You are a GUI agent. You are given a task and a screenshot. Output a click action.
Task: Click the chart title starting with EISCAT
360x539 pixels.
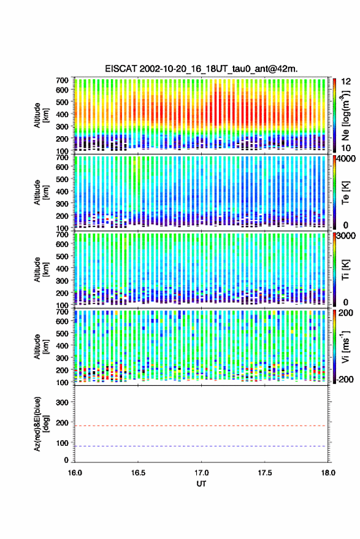tap(201, 69)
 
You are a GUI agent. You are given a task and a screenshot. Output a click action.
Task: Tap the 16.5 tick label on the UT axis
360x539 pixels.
tap(138, 473)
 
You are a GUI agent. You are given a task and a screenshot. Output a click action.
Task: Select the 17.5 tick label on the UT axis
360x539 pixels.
tap(264, 473)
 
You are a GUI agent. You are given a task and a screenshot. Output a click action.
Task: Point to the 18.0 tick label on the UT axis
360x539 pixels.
tap(328, 473)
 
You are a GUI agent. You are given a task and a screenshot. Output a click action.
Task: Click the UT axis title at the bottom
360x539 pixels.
tap(201, 484)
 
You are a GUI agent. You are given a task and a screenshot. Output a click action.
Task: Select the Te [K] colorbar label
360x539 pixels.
tap(345, 193)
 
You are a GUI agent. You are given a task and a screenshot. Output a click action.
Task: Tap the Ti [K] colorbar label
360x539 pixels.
tap(345, 270)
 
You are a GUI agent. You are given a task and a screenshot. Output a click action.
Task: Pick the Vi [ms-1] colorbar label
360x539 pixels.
tap(345, 346)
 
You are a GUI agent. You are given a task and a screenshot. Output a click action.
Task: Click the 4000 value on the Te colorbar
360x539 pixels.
tap(347, 159)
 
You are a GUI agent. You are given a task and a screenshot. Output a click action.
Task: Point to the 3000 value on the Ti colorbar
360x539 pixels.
tap(347, 236)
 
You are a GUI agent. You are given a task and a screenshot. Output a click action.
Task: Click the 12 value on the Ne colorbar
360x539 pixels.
tap(347, 82)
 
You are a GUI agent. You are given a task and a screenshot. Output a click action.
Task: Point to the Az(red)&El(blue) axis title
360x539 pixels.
tap(40, 424)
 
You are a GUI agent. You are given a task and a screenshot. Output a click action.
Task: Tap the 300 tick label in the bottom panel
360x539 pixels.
tap(62, 402)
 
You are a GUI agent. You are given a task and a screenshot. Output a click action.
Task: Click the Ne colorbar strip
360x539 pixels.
tap(335, 115)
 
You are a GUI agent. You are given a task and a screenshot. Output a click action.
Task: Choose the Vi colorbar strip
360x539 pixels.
tap(335, 346)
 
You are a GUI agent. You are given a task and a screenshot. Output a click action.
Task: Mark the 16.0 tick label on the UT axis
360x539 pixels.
tap(75, 473)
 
